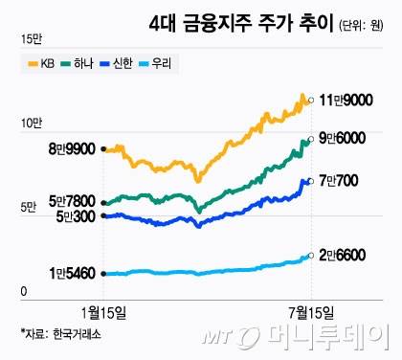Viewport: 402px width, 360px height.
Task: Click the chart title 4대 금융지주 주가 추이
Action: [240, 21]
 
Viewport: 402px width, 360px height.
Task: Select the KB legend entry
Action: [39, 64]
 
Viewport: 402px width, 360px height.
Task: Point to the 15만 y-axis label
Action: [30, 39]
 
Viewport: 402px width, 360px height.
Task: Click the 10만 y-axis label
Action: [30, 123]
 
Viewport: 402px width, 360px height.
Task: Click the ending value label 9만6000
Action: [345, 139]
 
